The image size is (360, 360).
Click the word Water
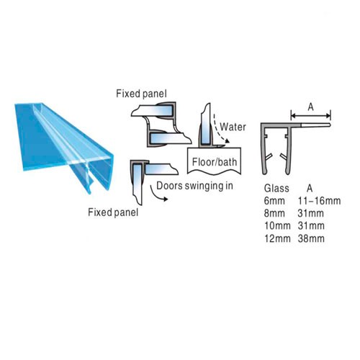pyautogui.click(x=233, y=127)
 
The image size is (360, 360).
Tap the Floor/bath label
pyautogui.click(x=215, y=162)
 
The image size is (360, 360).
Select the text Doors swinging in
pyautogui.click(x=194, y=186)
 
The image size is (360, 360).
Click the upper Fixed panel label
pyautogui.click(x=141, y=94)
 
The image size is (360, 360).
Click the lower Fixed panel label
pyautogui.click(x=113, y=212)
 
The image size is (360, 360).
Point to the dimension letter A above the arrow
pyautogui.click(x=311, y=107)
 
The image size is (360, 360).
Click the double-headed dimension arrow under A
pyautogui.click(x=311, y=116)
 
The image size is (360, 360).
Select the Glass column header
pyautogui.click(x=276, y=188)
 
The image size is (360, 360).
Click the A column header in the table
pyautogui.click(x=310, y=189)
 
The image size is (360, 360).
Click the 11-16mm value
pyautogui.click(x=319, y=201)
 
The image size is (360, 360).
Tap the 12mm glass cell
pyautogui.click(x=277, y=238)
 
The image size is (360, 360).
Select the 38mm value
pyautogui.click(x=311, y=238)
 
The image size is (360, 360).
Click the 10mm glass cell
pyautogui.click(x=277, y=226)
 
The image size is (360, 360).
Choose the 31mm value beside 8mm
pyautogui.click(x=311, y=213)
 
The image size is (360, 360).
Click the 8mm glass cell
pyautogui.click(x=274, y=213)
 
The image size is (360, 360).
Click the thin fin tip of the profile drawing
pyautogui.click(x=330, y=125)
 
